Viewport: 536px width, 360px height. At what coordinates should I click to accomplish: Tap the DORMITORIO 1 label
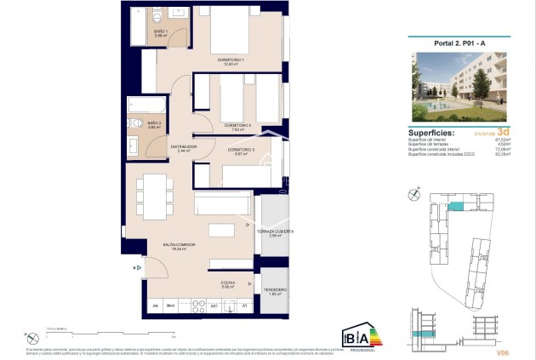231,60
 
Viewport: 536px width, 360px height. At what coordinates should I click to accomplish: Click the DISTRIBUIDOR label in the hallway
184,146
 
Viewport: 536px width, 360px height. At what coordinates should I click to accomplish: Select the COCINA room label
228,283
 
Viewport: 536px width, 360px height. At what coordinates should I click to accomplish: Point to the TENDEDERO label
274,289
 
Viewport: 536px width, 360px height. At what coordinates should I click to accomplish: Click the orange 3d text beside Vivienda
504,133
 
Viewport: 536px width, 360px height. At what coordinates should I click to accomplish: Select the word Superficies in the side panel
431,134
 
